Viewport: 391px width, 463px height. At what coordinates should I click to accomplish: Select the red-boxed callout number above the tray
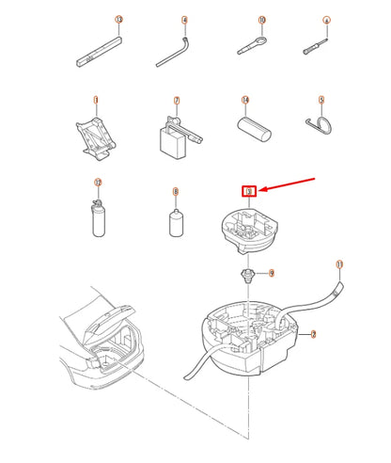[x=248, y=192]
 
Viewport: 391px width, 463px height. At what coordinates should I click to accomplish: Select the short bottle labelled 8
[x=173, y=225]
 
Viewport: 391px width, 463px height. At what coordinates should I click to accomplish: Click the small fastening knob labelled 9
[x=248, y=274]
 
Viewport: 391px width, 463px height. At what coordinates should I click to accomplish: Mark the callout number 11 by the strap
[x=339, y=264]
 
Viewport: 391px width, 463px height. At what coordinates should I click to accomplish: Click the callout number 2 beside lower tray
[x=314, y=333]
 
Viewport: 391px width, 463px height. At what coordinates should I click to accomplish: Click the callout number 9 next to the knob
[x=271, y=273]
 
